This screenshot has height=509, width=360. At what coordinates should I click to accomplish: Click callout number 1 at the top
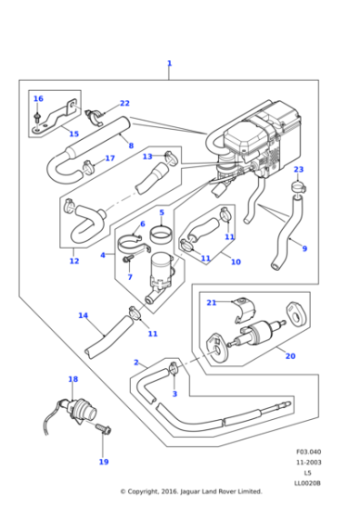tap(169, 64)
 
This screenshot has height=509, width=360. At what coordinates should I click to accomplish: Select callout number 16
tap(37, 98)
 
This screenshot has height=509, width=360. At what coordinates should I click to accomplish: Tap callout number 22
tap(125, 104)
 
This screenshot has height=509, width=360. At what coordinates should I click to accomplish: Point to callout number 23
tap(298, 170)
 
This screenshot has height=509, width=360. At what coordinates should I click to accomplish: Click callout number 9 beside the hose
tap(305, 248)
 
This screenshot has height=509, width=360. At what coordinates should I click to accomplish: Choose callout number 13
tap(147, 156)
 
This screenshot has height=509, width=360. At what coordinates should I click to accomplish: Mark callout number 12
tap(74, 262)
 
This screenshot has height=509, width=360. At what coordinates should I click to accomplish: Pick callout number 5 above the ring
tap(161, 214)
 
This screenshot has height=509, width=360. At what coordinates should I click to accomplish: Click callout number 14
tap(83, 315)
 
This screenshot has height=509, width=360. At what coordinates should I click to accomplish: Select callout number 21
tap(211, 303)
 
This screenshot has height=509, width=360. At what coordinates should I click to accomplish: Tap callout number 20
tap(290, 355)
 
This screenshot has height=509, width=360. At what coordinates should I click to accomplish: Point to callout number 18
tap(73, 379)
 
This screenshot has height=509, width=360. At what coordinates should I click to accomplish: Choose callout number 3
tap(175, 394)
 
